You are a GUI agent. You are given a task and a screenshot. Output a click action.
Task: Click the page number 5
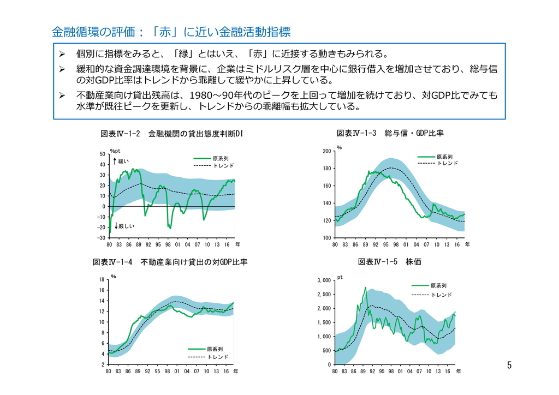(509, 365)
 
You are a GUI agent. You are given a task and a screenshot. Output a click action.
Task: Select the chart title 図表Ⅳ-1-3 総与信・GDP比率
(390, 133)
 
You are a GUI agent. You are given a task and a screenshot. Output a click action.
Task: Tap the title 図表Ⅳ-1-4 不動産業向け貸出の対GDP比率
(171, 262)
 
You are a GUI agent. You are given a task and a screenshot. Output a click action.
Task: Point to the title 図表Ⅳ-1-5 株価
(389, 262)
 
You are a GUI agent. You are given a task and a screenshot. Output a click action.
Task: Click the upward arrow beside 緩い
(115, 161)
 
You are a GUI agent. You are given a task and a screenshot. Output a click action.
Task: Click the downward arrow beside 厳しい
(115, 225)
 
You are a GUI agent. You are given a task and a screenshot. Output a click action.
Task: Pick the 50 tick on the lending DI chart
(102, 154)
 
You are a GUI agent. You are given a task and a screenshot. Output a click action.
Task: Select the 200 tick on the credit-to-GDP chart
(326, 151)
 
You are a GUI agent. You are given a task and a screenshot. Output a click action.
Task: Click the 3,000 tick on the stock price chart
(324, 280)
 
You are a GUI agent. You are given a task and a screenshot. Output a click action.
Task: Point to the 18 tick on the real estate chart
(101, 280)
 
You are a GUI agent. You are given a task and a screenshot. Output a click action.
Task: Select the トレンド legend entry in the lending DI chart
(223, 165)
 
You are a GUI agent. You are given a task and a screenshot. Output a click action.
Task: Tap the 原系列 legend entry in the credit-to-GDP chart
(444, 157)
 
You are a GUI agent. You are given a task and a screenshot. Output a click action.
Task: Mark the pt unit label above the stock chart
(340, 277)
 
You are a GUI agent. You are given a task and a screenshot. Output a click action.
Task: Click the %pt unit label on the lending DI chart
(115, 151)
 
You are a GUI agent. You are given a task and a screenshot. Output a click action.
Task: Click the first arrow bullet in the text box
(62, 55)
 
